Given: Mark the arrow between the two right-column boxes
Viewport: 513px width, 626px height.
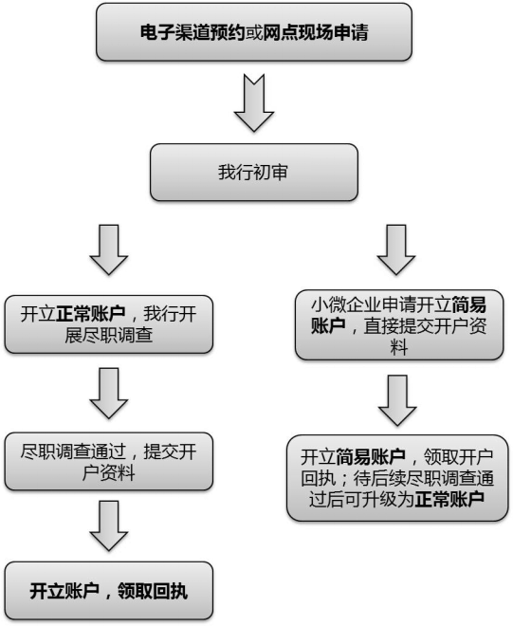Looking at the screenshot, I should (x=397, y=398).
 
